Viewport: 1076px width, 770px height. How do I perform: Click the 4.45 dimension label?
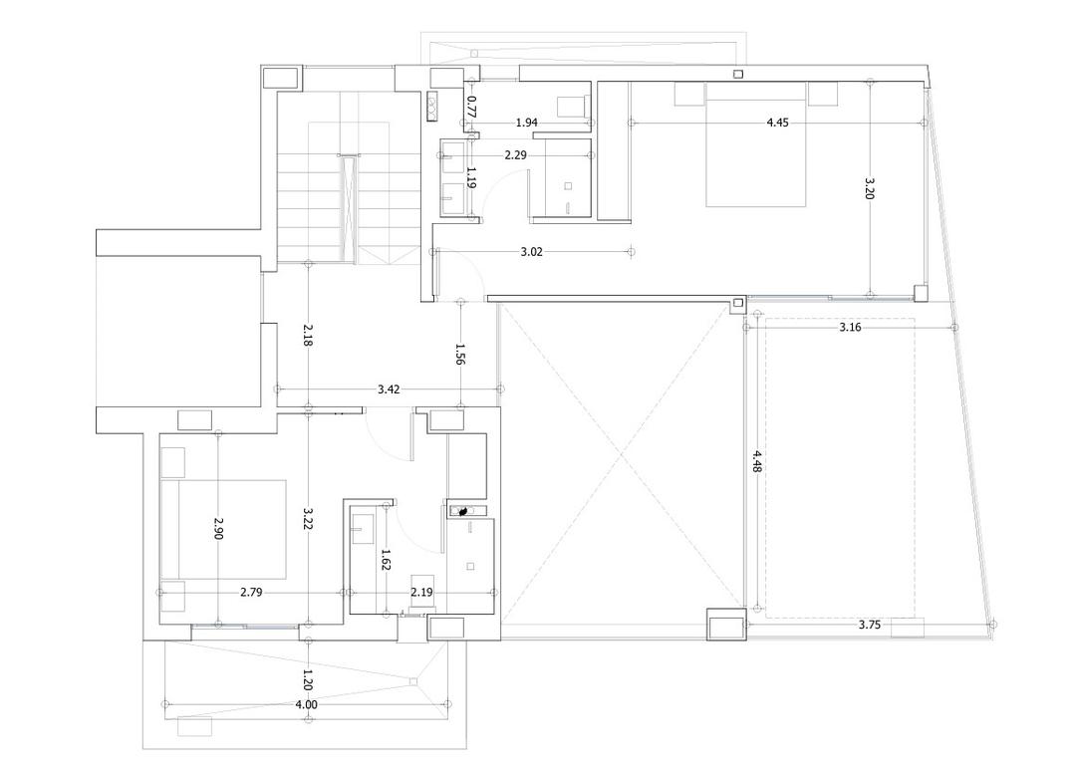(x=777, y=123)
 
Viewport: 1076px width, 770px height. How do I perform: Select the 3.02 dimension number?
(x=531, y=252)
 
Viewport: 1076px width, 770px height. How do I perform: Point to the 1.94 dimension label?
(x=526, y=123)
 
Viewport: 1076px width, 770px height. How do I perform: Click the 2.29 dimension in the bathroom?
(x=515, y=155)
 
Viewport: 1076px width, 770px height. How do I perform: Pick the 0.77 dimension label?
(x=471, y=107)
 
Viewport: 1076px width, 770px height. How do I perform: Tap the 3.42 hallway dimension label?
(x=389, y=389)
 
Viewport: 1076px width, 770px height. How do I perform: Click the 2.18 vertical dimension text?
(x=308, y=335)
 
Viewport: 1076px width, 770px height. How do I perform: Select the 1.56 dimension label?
(x=459, y=354)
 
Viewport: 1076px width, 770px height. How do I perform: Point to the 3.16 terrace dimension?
(x=850, y=328)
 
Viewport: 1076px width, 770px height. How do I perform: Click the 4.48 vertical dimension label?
(x=756, y=461)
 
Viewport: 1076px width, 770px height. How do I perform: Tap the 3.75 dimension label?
(x=870, y=625)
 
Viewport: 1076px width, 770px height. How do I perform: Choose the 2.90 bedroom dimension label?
(x=217, y=528)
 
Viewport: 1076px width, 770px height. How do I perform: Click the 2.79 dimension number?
(x=251, y=593)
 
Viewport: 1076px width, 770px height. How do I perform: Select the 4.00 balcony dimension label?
(x=306, y=704)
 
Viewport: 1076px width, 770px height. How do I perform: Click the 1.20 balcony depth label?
(x=308, y=679)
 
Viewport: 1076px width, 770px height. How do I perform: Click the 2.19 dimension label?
(x=421, y=593)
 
